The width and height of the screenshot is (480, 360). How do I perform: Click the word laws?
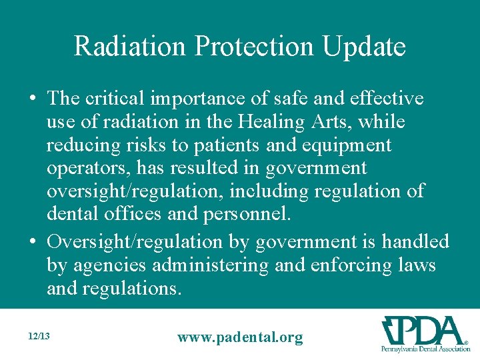tap(417, 265)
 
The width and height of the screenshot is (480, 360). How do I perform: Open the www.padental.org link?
tap(239, 337)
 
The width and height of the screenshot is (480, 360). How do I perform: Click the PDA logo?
tap(424, 334)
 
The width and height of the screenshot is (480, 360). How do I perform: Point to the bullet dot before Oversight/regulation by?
tap(33, 241)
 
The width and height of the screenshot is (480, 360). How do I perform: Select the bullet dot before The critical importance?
tap(33, 99)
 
